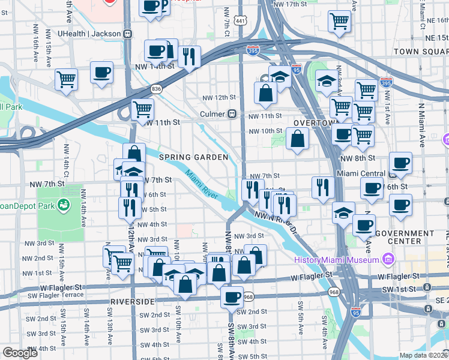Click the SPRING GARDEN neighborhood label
coord(193,157)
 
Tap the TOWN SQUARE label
coord(421,52)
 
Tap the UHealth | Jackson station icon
coord(127,34)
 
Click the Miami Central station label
coord(361,173)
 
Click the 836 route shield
coord(157,89)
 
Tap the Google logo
coord(21,353)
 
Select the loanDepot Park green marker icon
coord(62,206)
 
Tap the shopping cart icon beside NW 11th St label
coord(143,109)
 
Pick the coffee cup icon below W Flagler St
coord(232,296)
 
